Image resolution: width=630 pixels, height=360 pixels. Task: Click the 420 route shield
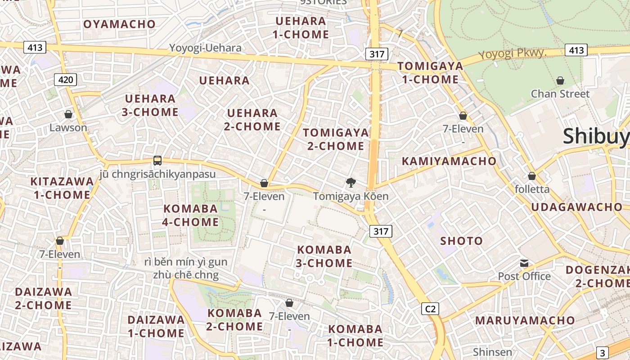pos(66,80)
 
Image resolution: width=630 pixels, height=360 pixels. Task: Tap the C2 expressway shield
pos(430,309)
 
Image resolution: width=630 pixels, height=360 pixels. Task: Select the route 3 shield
pos(603,353)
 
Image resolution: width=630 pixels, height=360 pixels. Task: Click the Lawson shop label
pos(68,127)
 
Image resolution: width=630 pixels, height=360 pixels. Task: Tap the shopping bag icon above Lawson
pos(68,114)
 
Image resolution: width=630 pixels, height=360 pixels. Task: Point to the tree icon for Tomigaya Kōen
pos(351,183)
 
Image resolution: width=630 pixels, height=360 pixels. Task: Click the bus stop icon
pos(157,161)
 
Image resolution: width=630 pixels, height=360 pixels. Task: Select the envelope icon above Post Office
pos(524,263)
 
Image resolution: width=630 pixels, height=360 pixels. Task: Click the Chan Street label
pos(560,94)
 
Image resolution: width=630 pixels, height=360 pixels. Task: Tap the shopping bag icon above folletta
pos(532,176)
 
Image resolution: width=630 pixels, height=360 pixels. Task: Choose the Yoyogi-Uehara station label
pos(205,48)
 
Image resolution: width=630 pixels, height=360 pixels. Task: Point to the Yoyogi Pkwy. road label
pos(512,54)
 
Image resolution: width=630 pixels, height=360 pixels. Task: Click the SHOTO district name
pos(461,241)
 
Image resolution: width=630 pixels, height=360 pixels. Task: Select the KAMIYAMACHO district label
pos(449,161)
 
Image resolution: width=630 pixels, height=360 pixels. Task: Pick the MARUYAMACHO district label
pos(525,320)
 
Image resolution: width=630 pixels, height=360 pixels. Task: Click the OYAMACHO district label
pos(119,24)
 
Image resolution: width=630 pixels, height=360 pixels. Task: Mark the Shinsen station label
pos(492,352)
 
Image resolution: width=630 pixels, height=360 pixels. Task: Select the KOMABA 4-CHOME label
pos(191,215)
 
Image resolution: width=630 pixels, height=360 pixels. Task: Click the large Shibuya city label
pos(596,136)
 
